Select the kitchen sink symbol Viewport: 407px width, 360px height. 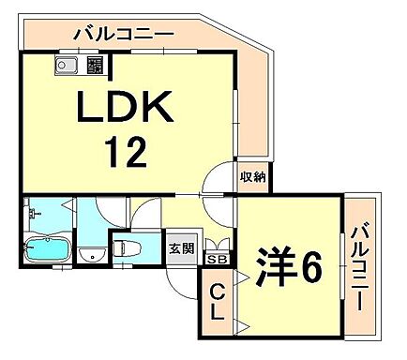pos(68,66)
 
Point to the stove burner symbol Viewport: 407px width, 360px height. pos(95,66)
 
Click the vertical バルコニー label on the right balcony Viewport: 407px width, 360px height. pos(362,266)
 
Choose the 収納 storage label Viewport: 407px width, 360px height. pos(252,176)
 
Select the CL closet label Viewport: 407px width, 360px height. pos(214,303)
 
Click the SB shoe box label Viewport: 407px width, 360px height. pos(218,259)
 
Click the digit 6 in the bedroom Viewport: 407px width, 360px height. pos(310,267)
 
